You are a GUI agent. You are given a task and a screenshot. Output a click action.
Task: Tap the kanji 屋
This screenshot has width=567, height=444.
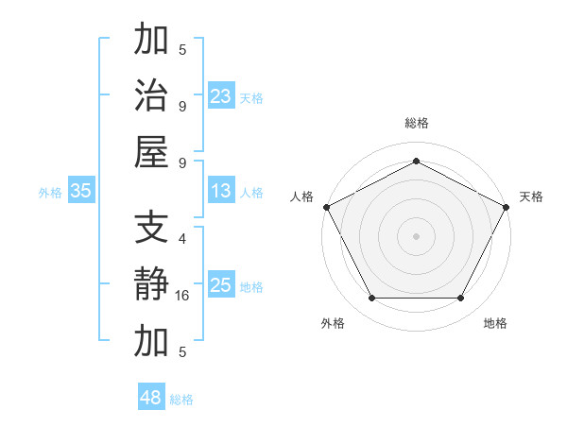click(151, 151)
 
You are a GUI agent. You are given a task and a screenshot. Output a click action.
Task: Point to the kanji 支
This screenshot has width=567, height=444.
click(151, 230)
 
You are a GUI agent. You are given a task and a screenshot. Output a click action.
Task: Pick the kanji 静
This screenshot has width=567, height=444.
click(151, 285)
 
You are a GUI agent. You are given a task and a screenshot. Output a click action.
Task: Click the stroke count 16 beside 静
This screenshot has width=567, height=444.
click(182, 296)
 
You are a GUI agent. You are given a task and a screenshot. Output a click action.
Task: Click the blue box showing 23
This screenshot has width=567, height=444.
click(220, 95)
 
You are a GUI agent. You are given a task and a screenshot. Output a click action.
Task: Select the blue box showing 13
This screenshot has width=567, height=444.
click(220, 191)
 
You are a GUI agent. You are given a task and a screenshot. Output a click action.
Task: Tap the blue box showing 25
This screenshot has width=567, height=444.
click(220, 285)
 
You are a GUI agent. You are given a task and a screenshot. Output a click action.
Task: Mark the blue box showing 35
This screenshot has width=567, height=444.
click(80, 191)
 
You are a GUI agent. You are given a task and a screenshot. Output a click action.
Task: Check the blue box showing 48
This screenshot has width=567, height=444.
click(150, 398)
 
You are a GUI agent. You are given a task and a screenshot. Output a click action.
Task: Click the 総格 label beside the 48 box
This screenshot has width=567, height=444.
click(181, 400)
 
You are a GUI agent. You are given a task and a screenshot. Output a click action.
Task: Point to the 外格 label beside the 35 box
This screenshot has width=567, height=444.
click(50, 193)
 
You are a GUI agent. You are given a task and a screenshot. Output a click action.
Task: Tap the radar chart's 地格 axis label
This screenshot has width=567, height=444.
click(495, 323)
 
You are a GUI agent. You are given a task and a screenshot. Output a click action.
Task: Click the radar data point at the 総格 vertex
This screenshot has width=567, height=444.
click(416, 161)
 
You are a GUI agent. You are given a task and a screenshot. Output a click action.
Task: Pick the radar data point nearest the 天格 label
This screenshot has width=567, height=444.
click(507, 206)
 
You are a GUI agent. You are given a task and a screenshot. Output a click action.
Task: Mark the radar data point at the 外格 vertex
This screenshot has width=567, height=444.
click(371, 298)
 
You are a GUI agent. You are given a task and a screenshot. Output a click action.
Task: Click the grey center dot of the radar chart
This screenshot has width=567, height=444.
click(416, 235)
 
